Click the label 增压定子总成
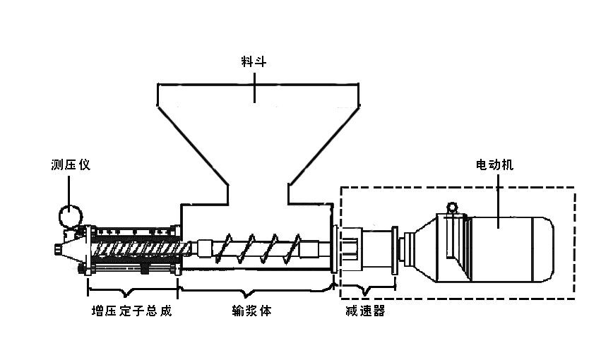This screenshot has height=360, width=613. (x=132, y=311)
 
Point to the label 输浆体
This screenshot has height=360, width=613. (x=252, y=311)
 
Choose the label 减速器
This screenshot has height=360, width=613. (x=365, y=311)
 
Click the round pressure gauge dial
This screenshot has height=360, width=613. (x=70, y=215)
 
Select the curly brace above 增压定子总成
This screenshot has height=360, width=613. (x=131, y=289)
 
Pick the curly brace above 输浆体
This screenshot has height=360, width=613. (x=254, y=289)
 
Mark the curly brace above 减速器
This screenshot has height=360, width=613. (x=366, y=289)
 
